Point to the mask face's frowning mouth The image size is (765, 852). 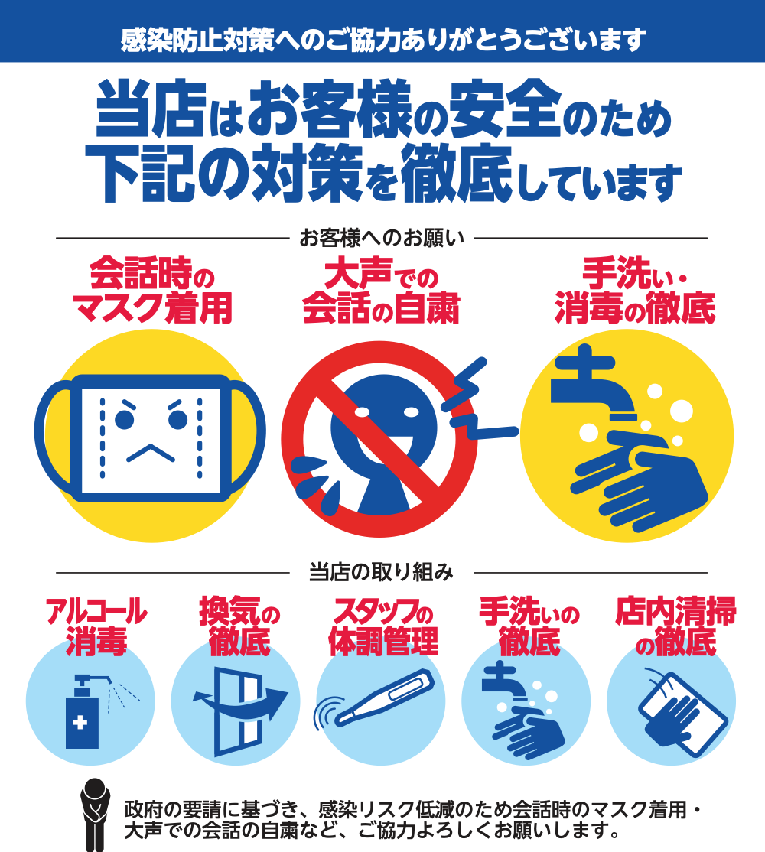coord(151,453)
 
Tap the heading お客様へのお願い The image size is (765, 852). coord(382,238)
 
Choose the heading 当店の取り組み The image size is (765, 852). coord(382,572)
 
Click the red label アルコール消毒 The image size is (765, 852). coord(96,626)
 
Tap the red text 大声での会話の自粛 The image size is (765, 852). coord(382,292)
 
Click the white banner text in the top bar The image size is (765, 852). coord(383,40)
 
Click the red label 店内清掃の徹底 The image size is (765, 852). coord(676,626)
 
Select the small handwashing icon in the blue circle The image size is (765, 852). coord(522,708)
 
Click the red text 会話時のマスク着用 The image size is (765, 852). coord(153,291)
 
